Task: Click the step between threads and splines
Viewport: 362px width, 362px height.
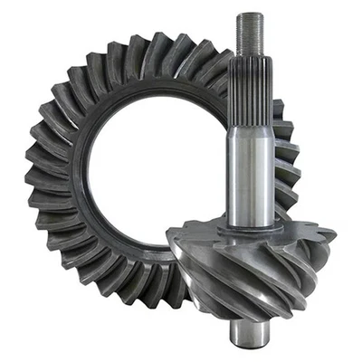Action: (x=251, y=57)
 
